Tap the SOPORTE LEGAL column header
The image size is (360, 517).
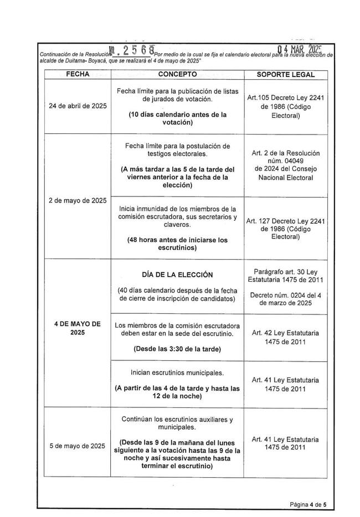pyautogui.click(x=286, y=74)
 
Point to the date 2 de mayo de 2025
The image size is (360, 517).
pyautogui.click(x=78, y=200)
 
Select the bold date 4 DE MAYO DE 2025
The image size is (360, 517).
pyautogui.click(x=78, y=329)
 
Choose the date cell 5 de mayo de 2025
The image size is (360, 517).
pyautogui.click(x=78, y=446)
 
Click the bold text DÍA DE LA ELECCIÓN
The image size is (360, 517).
pyautogui.click(x=177, y=275)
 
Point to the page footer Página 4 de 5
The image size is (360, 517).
pyautogui.click(x=308, y=504)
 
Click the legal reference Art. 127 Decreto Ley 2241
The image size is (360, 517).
pyautogui.click(x=286, y=220)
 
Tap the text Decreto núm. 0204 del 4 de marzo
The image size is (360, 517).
pyautogui.click(x=286, y=299)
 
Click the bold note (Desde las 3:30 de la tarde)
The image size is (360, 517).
pyautogui.click(x=177, y=349)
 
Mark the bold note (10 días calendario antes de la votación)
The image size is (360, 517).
pyautogui.click(x=177, y=118)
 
